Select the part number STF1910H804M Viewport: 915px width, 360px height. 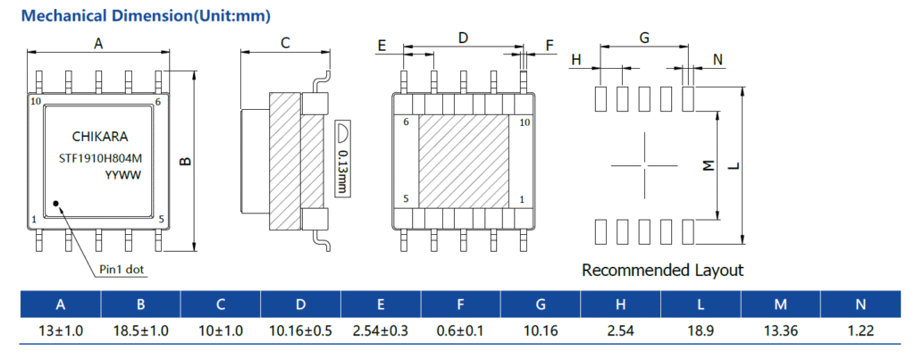coord(99,157)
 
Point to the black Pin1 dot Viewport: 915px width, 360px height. coord(56,204)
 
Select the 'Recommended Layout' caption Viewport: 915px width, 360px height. coord(662,270)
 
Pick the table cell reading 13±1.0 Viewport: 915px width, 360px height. coord(61,331)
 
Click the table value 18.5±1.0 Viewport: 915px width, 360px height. coord(140,331)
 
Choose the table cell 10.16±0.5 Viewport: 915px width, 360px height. coord(300,331)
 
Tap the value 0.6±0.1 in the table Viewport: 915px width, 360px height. coord(460,331)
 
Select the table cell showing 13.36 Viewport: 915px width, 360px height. coord(780,331)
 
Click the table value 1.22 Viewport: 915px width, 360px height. coord(860,331)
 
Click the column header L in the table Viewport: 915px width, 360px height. coord(701,306)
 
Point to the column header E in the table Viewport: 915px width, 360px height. coord(381,306)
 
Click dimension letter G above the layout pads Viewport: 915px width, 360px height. coord(643,38)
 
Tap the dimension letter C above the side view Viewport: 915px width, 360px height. coord(285,42)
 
